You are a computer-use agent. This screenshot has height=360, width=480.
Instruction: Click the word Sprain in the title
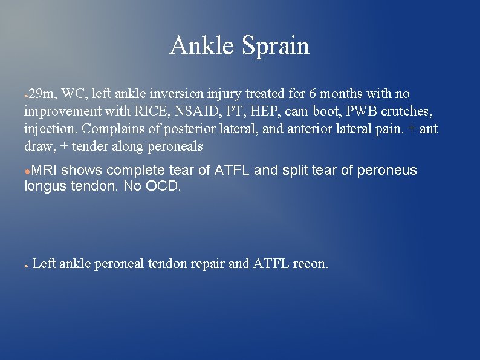(x=276, y=46)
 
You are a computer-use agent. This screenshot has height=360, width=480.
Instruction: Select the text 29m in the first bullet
(x=42, y=94)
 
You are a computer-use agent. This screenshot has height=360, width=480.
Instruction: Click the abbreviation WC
(x=74, y=94)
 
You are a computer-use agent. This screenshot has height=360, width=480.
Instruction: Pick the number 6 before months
(x=313, y=94)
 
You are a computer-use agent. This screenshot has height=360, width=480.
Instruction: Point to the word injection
(x=50, y=129)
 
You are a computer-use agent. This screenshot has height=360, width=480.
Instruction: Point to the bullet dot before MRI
(x=27, y=171)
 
